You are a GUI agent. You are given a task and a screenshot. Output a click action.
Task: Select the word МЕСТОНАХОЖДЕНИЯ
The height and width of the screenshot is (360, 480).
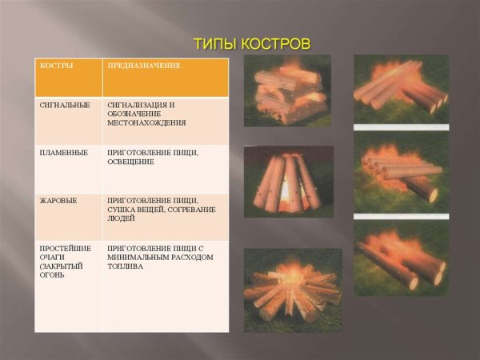[x=146, y=123]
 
